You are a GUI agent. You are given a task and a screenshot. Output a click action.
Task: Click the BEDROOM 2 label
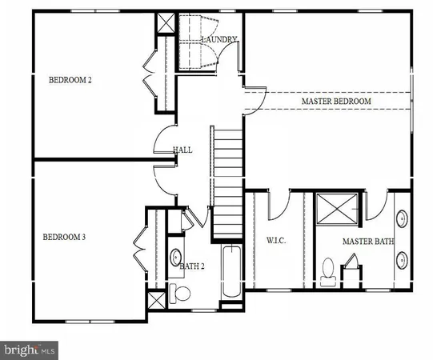pyautogui.click(x=71, y=79)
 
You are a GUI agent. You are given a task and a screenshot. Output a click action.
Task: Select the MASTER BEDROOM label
pyautogui.click(x=336, y=102)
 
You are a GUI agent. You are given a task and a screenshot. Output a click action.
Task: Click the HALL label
pyautogui.click(x=182, y=150)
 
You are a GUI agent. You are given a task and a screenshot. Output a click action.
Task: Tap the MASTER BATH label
pyautogui.click(x=368, y=241)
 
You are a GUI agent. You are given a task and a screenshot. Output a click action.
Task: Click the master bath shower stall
pyautogui.click(x=339, y=212)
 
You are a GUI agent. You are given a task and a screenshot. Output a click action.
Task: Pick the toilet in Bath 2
pyautogui.click(x=179, y=294)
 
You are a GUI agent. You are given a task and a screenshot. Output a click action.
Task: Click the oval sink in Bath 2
pyautogui.click(x=176, y=258)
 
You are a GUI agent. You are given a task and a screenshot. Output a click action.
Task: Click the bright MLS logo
pyautogui.click(x=30, y=350)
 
